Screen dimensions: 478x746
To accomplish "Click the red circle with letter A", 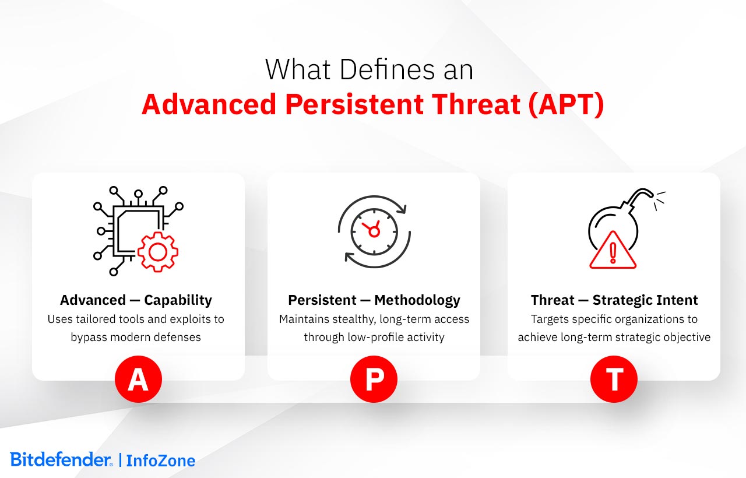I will coord(138,379).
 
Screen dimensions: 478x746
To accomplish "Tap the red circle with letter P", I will coord(374,379).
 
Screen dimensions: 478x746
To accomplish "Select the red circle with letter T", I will coord(614,379).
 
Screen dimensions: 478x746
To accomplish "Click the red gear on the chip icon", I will coord(157,251).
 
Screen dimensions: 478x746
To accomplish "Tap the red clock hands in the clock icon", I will coord(372,229).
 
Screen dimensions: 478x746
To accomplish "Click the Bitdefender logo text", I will coord(61,459).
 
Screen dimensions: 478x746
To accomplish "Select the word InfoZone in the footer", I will coord(161,461).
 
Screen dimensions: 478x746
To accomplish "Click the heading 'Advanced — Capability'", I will coord(136,300).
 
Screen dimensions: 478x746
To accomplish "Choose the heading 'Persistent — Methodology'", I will coord(374,300).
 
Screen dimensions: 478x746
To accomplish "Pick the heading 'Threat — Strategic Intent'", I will coord(614,300).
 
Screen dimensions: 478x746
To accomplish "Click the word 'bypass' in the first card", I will coord(88,337).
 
